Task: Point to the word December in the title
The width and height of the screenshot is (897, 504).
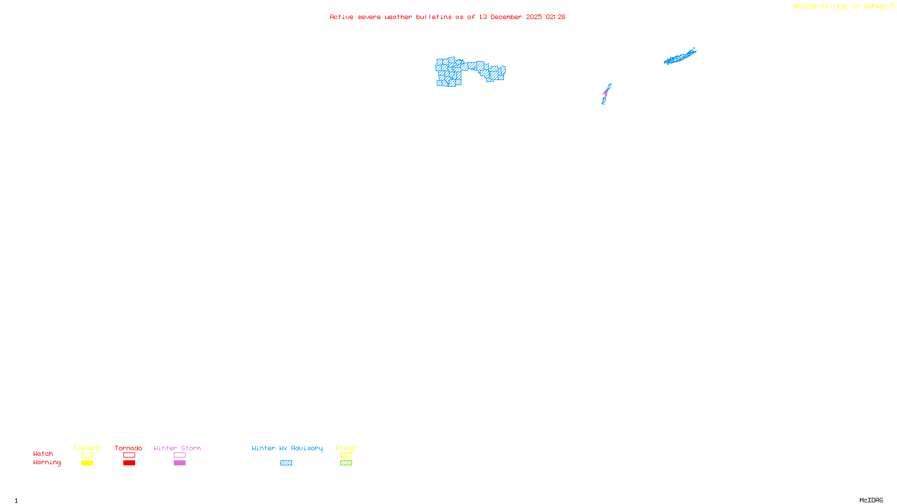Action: pyautogui.click(x=506, y=17)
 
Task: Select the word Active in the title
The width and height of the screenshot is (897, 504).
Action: pyautogui.click(x=341, y=17)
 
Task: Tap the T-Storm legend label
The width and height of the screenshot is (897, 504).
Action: pyautogui.click(x=86, y=448)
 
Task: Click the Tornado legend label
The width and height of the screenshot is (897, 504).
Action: pyautogui.click(x=128, y=448)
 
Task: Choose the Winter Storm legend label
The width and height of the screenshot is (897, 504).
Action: pyautogui.click(x=177, y=448)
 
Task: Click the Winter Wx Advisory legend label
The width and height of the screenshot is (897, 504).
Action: pyautogui.click(x=287, y=448)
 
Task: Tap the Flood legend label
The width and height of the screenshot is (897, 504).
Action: pyautogui.click(x=346, y=448)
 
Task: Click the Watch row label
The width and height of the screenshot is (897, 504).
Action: pyautogui.click(x=43, y=454)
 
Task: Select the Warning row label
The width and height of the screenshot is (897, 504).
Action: pyautogui.click(x=47, y=463)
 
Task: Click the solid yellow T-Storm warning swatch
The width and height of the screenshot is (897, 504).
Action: pyautogui.click(x=87, y=463)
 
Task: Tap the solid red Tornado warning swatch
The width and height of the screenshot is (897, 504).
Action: pyautogui.click(x=129, y=463)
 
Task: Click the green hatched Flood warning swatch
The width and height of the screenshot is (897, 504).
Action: pyautogui.click(x=346, y=463)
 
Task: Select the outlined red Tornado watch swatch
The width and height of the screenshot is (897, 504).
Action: pyautogui.click(x=129, y=455)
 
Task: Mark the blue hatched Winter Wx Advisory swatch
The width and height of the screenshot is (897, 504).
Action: pyautogui.click(x=286, y=463)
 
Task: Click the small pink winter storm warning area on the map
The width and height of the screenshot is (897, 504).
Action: pyautogui.click(x=605, y=93)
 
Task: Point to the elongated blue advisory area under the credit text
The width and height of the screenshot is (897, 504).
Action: pyautogui.click(x=679, y=57)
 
